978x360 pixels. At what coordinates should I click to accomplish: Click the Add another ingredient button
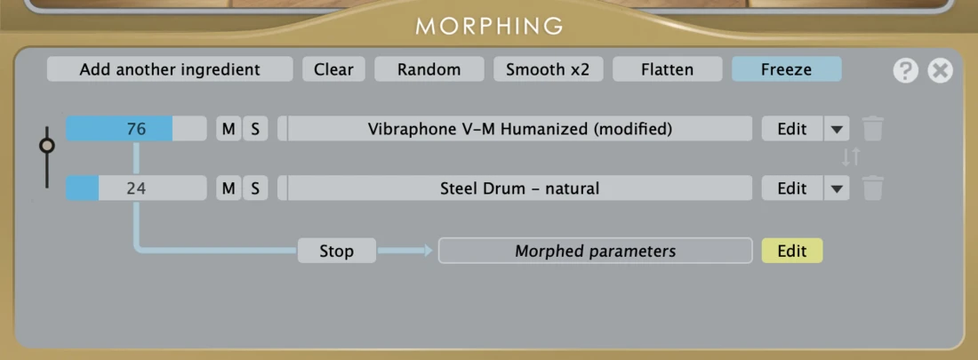click(170, 69)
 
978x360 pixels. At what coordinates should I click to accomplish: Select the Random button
click(429, 69)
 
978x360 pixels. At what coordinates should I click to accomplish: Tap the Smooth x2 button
click(548, 69)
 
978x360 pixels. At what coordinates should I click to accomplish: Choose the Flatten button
click(668, 69)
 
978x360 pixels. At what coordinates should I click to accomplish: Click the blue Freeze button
click(787, 69)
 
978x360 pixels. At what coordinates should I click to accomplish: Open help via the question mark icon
click(906, 70)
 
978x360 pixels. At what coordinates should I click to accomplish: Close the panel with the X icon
click(940, 70)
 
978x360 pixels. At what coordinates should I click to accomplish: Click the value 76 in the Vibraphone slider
click(136, 129)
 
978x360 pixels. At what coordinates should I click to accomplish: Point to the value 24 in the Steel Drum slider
click(136, 188)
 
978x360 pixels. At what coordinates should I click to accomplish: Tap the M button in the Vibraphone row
click(228, 129)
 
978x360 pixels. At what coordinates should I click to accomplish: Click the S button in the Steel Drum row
click(255, 188)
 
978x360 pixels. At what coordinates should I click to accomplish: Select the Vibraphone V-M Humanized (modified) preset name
click(520, 129)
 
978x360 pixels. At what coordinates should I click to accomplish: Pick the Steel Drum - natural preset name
click(520, 188)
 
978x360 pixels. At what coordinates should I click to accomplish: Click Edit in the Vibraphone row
click(792, 129)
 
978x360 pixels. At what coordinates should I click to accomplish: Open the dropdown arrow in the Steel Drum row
click(837, 188)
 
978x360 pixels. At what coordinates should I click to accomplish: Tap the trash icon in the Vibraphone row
click(872, 129)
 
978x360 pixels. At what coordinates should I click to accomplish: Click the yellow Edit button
click(792, 251)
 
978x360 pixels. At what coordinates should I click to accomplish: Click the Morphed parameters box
click(595, 251)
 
